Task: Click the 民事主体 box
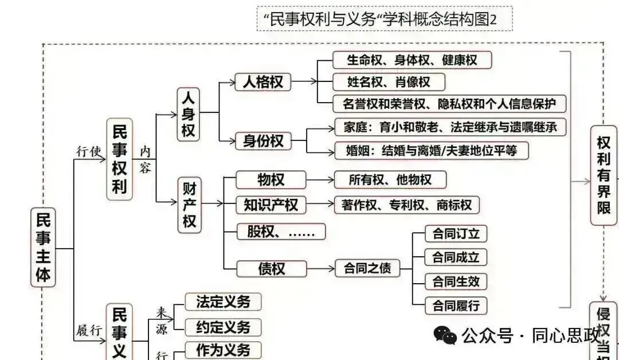[44, 247]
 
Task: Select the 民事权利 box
[119, 159]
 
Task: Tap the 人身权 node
[188, 114]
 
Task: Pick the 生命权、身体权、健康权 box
[412, 60]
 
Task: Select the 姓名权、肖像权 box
[389, 82]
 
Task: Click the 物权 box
[271, 180]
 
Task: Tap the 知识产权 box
[271, 205]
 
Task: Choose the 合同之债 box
[367, 268]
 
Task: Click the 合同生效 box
[456, 281]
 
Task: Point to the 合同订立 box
[456, 234]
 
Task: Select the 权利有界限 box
[604, 175]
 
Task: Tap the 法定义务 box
[223, 302]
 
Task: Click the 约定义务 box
[223, 327]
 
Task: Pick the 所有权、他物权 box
[390, 180]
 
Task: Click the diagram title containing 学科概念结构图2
[385, 19]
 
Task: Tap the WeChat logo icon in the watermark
[445, 335]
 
